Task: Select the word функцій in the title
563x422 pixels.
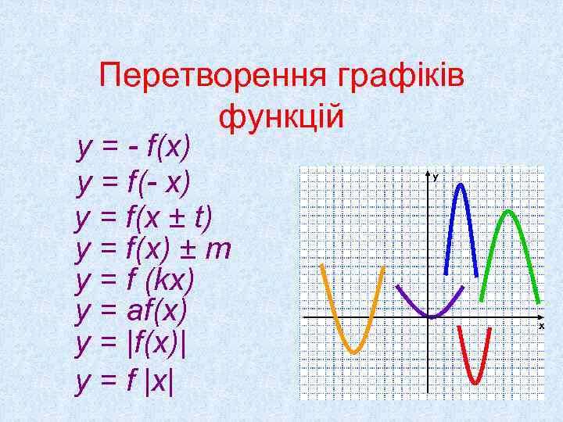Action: click(x=281, y=117)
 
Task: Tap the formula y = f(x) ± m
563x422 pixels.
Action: click(x=153, y=249)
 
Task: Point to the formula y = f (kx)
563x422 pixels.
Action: click(x=134, y=281)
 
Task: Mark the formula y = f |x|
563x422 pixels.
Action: click(x=126, y=381)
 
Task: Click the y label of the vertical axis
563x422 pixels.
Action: click(x=435, y=177)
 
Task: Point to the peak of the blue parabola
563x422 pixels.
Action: click(x=461, y=185)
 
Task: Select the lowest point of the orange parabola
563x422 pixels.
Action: click(x=353, y=352)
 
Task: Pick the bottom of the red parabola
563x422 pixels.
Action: click(x=475, y=381)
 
